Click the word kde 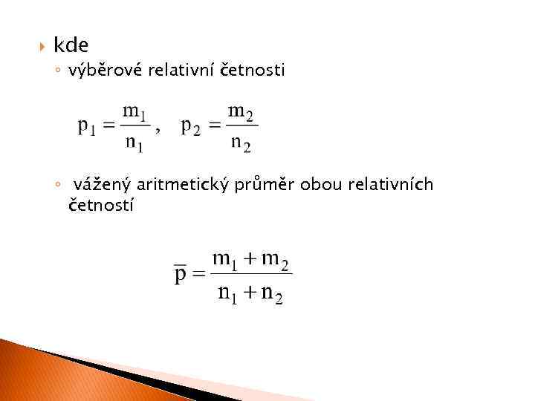pyautogui.click(x=71, y=45)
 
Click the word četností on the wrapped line pyautogui.click(x=101, y=205)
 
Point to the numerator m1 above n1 pyautogui.click(x=134, y=113)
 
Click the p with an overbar pyautogui.click(x=180, y=275)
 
